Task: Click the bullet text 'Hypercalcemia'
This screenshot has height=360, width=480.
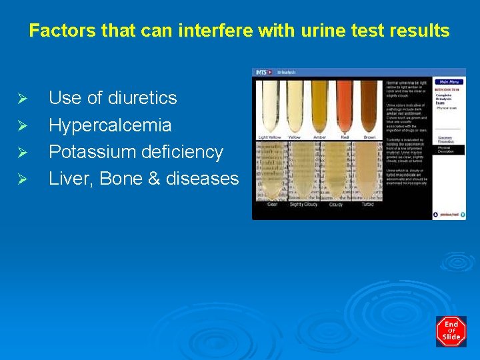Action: point(110,125)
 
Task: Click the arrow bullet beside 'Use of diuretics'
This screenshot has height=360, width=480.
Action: point(22,99)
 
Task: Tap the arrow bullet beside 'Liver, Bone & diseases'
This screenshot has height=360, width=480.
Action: point(22,179)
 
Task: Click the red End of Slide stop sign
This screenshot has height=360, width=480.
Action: point(451,331)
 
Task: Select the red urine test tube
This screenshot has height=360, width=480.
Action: point(345,107)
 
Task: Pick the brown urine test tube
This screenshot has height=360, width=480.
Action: point(369,107)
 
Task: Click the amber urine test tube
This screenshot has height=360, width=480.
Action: point(319,107)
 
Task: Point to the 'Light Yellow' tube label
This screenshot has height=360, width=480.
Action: point(270,137)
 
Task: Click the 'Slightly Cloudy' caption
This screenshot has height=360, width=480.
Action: point(303,205)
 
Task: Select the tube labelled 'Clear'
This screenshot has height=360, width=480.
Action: point(271,173)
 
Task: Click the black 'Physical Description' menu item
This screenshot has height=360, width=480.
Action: point(447,149)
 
